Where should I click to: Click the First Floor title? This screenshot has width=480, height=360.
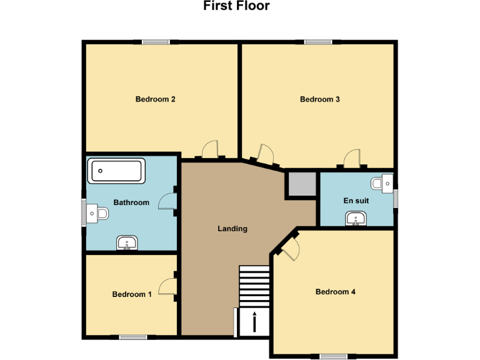pos(236,6)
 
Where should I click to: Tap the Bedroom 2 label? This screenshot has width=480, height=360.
pos(155,99)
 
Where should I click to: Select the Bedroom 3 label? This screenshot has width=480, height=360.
pos(319,99)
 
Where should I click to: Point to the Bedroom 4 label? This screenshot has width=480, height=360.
pos(335,291)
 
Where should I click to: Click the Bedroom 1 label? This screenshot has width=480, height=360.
pos(132,294)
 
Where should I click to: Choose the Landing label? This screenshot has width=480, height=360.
pos(232,229)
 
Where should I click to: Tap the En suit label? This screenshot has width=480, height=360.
pos(357,201)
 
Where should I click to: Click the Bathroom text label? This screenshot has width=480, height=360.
pos(131,202)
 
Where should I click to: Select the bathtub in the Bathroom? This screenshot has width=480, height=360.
pos(117,171)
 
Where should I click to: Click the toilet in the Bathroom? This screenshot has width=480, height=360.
pos(98,214)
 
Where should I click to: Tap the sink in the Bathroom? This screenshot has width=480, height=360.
pos(127,242)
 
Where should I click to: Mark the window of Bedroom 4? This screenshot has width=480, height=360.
pos(333,356)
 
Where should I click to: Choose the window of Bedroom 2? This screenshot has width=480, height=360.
pos(156,42)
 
